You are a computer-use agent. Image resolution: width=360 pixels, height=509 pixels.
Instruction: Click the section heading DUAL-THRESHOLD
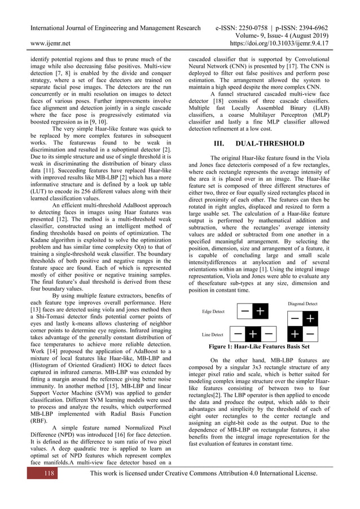(273, 143)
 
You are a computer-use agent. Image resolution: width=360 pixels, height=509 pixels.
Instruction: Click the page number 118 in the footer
(39, 489)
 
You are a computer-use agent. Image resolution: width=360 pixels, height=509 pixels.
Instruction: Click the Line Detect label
(212, 335)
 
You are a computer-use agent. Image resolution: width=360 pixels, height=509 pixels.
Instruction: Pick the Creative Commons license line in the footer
(200, 489)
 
